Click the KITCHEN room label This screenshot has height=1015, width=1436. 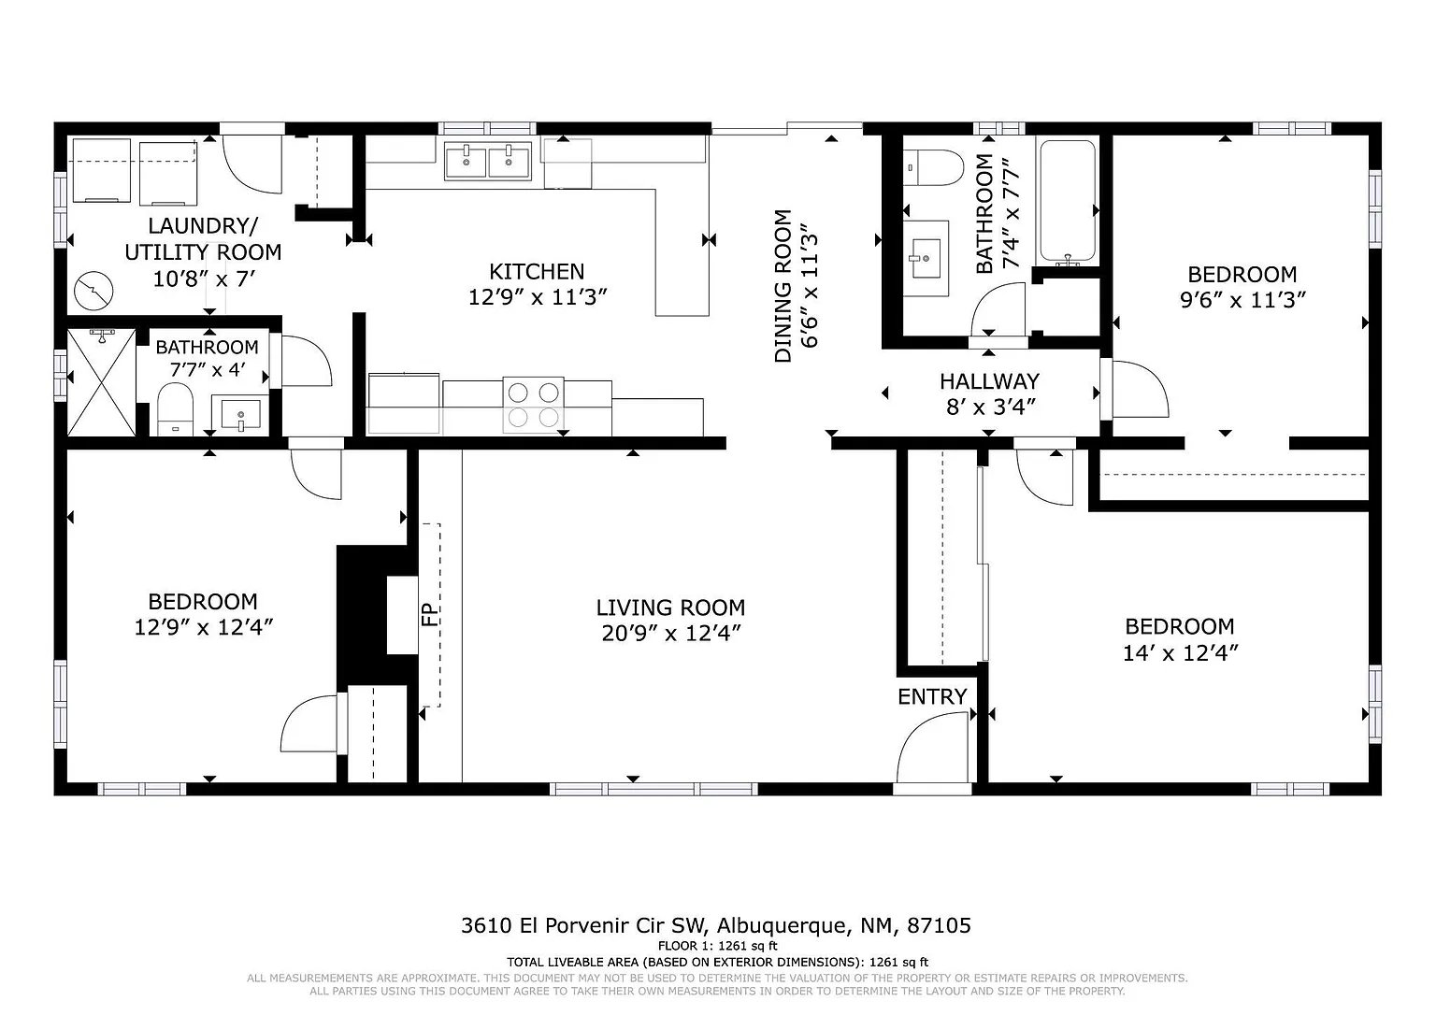[x=537, y=272]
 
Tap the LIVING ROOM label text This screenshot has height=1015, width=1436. [x=670, y=608]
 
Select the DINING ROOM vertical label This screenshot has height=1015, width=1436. [x=783, y=286]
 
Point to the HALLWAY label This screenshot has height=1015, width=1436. [x=989, y=381]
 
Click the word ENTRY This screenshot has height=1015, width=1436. [x=931, y=696]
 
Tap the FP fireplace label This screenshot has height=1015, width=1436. [x=430, y=615]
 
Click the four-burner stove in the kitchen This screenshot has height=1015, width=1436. [x=534, y=405]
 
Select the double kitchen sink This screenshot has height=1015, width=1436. [x=488, y=160]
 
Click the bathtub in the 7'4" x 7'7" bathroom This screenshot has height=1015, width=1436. [x=1067, y=201]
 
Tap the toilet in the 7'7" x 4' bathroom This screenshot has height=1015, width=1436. [x=175, y=409]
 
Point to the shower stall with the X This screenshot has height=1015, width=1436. [x=101, y=382]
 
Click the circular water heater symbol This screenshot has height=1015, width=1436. [x=93, y=291]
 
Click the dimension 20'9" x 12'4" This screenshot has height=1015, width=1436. [x=670, y=634]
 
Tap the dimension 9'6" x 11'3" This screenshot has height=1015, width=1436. [x=1242, y=300]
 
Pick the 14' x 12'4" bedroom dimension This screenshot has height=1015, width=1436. [x=1180, y=653]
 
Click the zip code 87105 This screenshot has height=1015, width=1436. [x=940, y=925]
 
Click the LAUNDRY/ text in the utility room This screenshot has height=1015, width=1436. [x=203, y=225]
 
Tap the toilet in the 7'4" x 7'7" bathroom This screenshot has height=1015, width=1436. [x=933, y=168]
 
